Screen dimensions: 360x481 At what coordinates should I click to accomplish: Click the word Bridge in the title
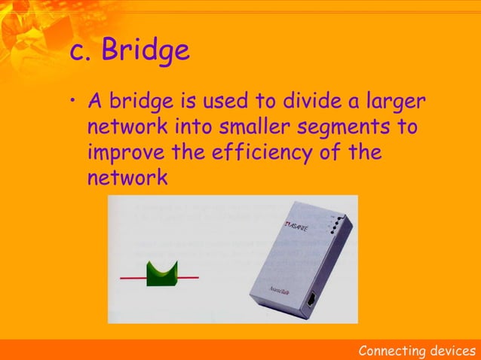pos(146,51)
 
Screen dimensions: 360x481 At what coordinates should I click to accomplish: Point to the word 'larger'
pos(389,102)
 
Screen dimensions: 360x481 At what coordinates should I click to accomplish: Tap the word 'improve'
pos(126,153)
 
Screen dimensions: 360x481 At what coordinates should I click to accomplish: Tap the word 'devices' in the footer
pos(450,351)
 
